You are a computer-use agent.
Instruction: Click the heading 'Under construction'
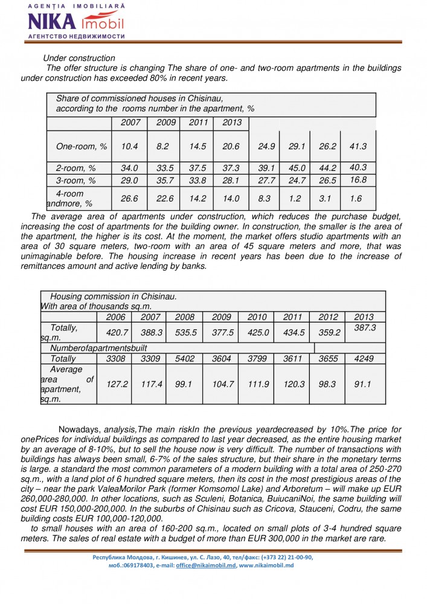tap(79, 59)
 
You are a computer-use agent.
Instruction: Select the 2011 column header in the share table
tap(198, 123)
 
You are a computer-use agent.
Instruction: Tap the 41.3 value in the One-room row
tap(359, 146)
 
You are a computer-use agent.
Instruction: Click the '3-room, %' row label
tap(76, 180)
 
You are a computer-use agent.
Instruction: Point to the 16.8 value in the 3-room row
tap(359, 179)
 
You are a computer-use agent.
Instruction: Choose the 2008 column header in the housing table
tap(185, 317)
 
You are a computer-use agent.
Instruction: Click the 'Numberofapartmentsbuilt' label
tap(98, 348)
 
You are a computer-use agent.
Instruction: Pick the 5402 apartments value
tap(185, 359)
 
